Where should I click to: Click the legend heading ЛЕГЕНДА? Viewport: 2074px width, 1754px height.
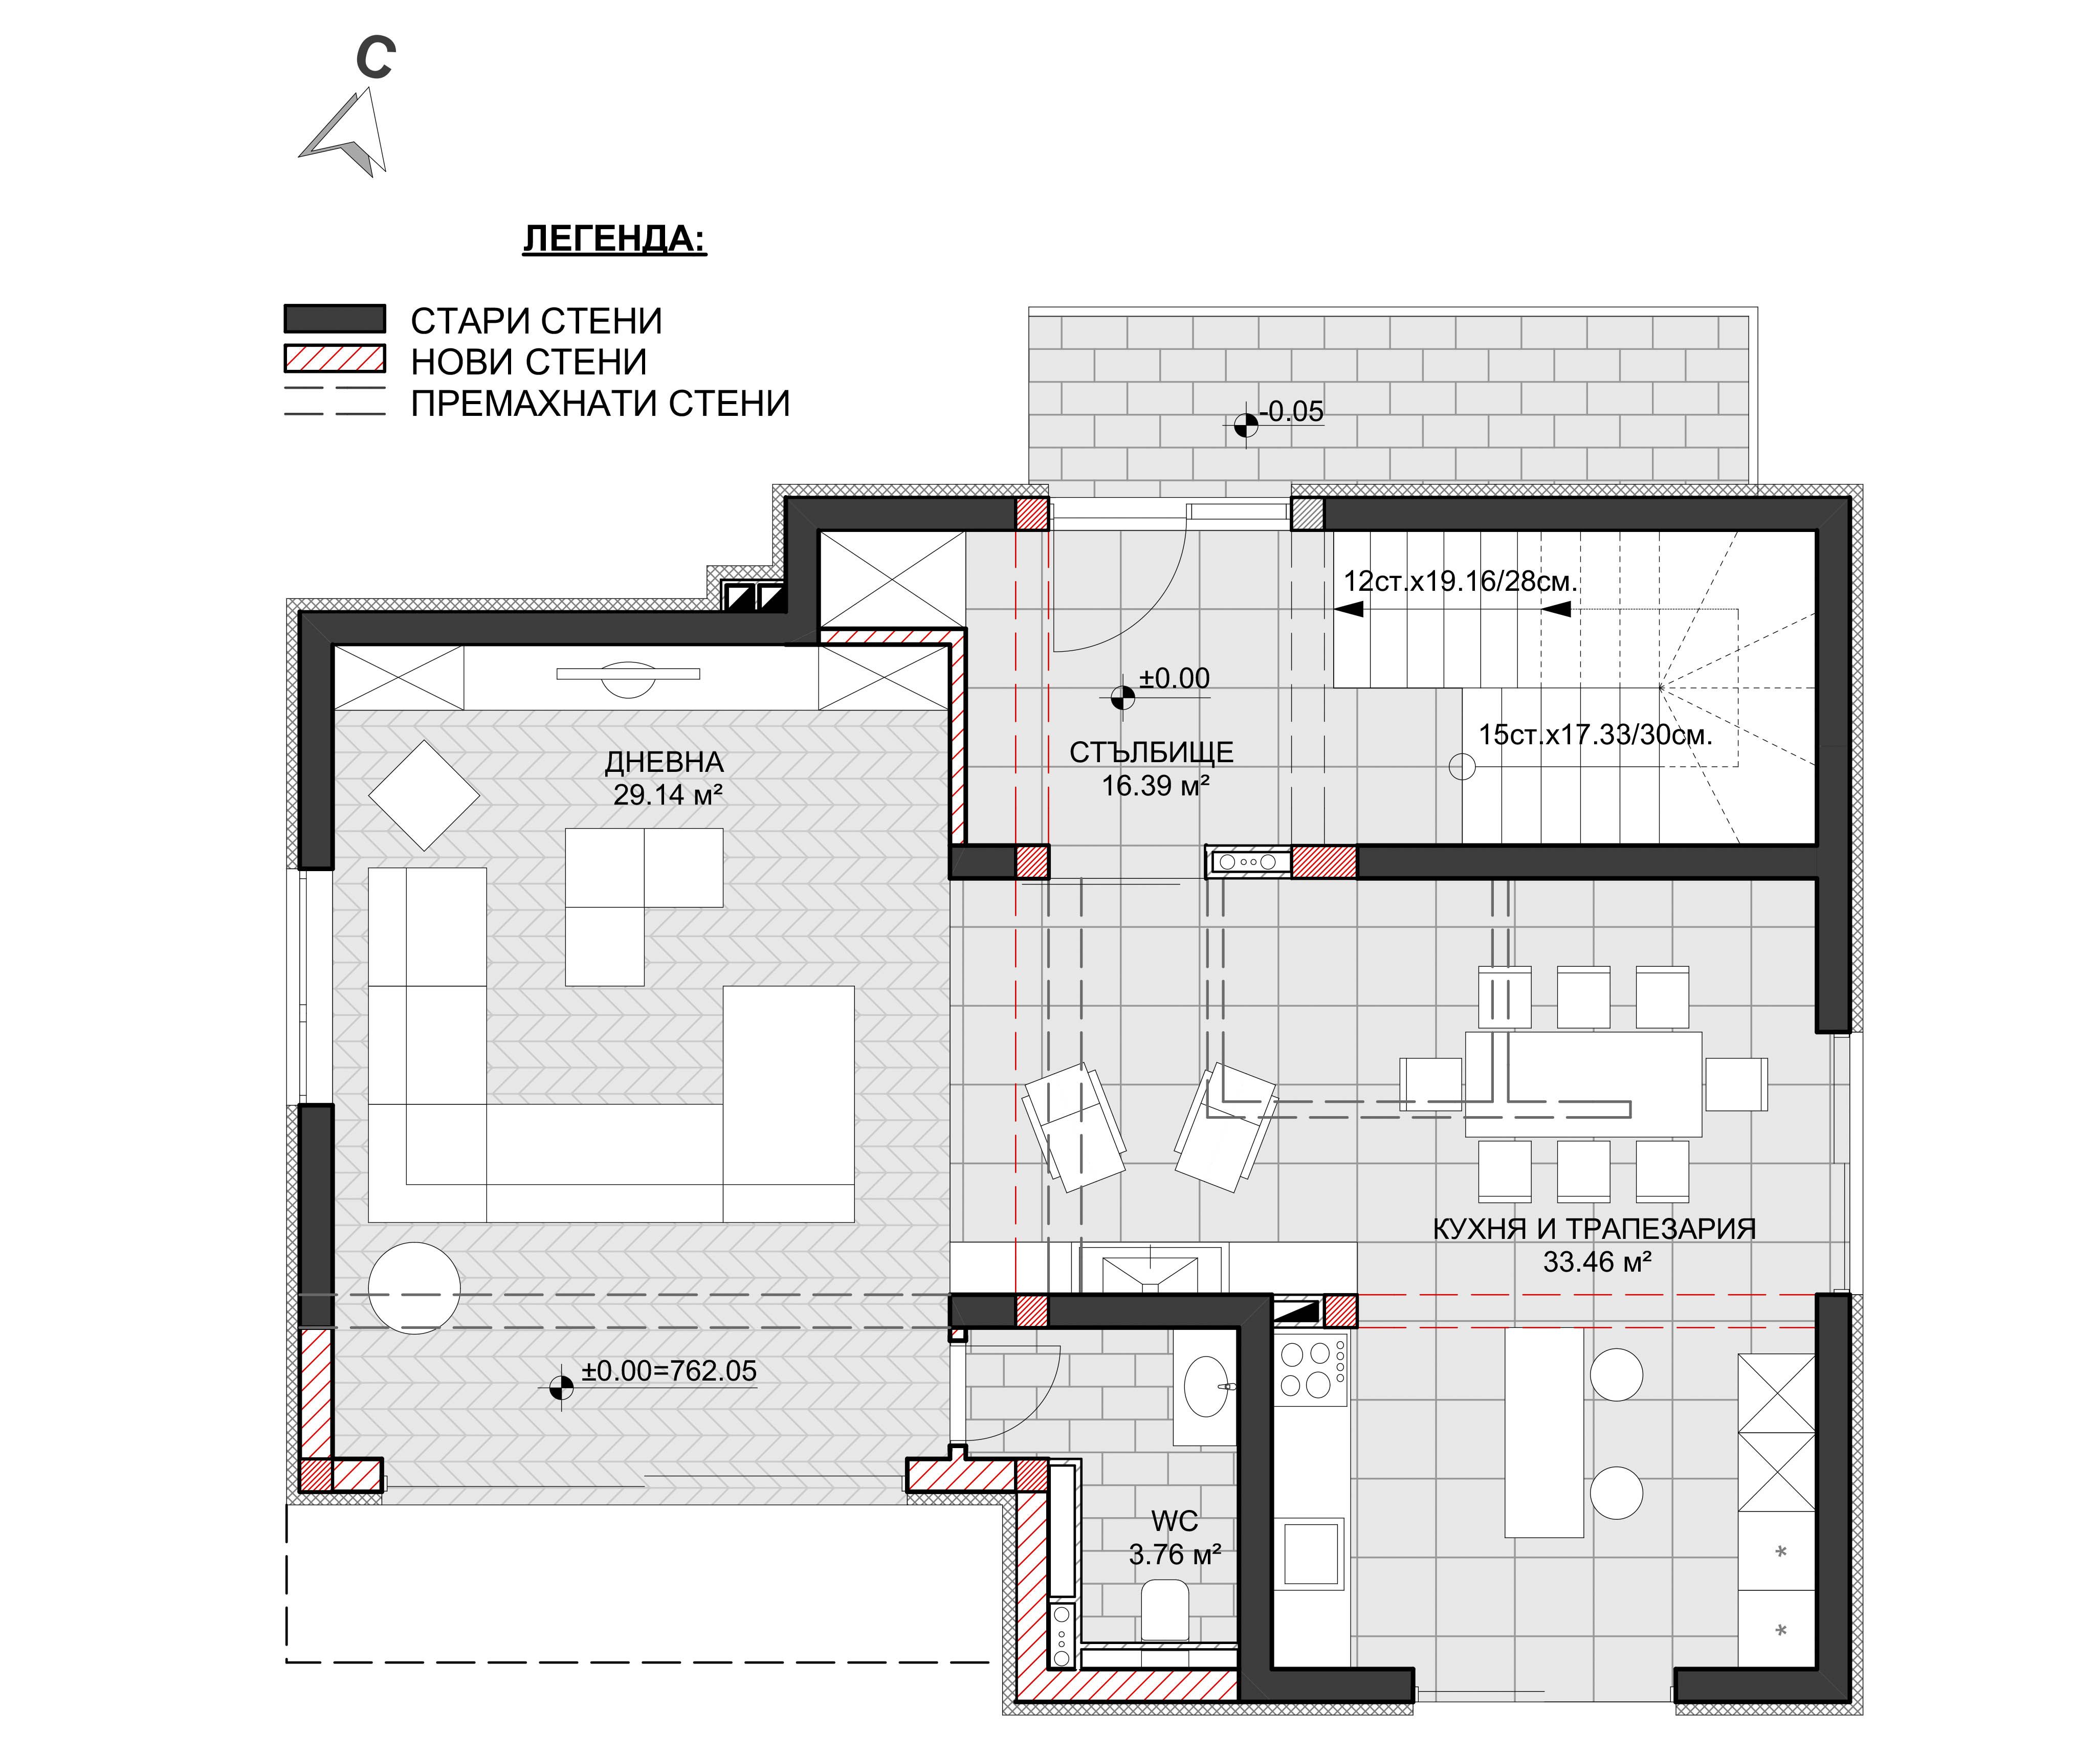[x=614, y=239]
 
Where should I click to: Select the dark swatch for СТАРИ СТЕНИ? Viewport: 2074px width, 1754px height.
[x=334, y=318]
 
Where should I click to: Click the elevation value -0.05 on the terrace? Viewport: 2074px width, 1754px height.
[x=1292, y=412]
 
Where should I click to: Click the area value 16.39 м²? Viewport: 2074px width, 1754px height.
[x=1154, y=786]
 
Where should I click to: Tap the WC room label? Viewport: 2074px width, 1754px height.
[x=1174, y=1521]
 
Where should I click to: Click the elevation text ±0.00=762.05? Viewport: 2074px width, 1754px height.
[x=668, y=1371]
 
